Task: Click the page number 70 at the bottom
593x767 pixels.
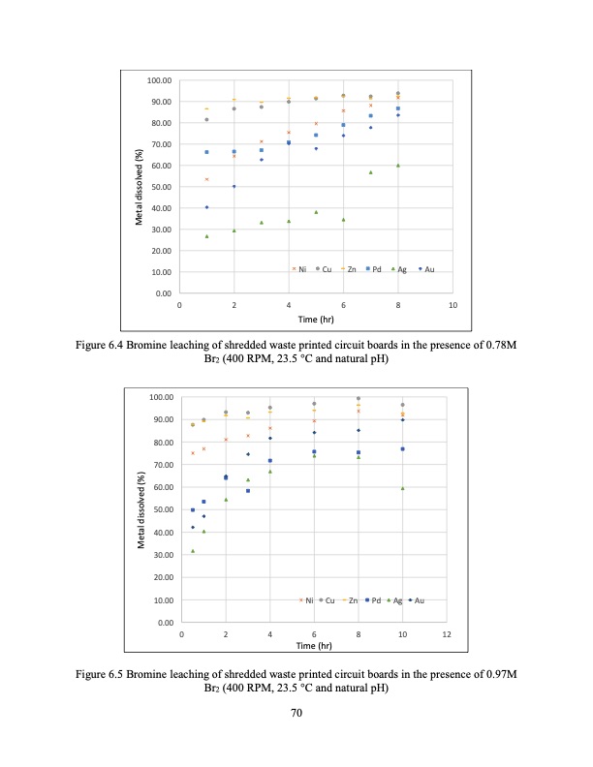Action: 296,715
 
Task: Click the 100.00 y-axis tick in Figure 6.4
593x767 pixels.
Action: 157,80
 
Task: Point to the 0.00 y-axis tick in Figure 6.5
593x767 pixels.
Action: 162,622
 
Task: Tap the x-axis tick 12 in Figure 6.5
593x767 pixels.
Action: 446,633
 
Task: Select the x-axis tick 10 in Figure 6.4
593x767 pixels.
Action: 453,305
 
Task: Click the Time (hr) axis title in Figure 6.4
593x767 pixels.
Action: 316,319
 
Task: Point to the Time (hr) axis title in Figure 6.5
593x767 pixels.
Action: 314,645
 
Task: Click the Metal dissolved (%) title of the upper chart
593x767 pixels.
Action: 140,187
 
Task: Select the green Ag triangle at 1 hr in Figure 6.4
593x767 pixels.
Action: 206,236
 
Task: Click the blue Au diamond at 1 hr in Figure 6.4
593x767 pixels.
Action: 206,207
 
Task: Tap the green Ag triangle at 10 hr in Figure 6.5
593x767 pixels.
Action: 402,488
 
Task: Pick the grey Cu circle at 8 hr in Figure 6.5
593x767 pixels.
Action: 358,398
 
